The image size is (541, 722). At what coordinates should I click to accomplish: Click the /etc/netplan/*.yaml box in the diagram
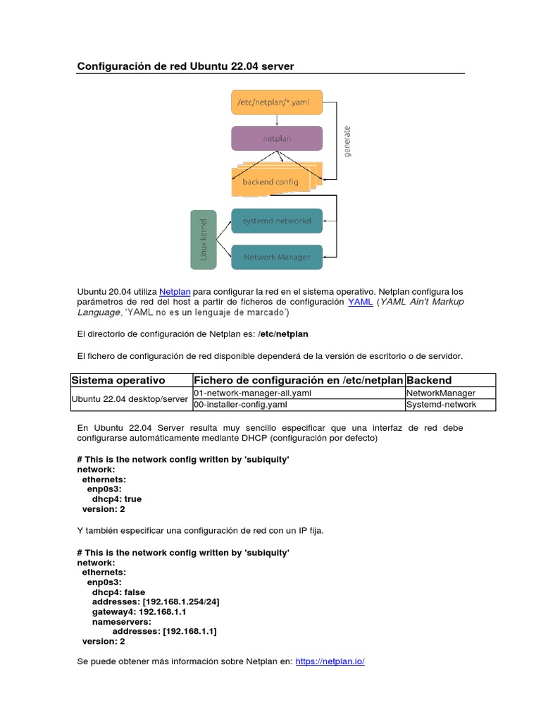point(277,102)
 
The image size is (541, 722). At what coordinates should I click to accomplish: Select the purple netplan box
point(277,138)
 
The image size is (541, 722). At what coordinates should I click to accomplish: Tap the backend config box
point(270,181)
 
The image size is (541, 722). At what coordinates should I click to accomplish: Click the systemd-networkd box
point(277,221)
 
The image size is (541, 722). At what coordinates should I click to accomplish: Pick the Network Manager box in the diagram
point(277,257)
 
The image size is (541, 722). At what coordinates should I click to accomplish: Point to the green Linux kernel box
point(204,239)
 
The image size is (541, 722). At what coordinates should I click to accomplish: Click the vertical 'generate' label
point(347,142)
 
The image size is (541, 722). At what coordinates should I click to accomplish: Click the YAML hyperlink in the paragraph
point(360,302)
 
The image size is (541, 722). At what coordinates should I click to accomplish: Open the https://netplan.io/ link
point(330,661)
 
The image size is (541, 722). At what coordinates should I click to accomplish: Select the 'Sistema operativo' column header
point(119,380)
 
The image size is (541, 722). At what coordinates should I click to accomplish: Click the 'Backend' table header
point(428,380)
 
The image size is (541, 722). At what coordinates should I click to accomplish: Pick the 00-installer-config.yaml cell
point(240,405)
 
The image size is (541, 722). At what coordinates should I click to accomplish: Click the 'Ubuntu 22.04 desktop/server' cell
point(131,399)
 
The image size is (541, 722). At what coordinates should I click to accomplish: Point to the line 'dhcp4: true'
point(117,498)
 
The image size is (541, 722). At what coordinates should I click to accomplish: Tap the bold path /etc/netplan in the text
point(283,334)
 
